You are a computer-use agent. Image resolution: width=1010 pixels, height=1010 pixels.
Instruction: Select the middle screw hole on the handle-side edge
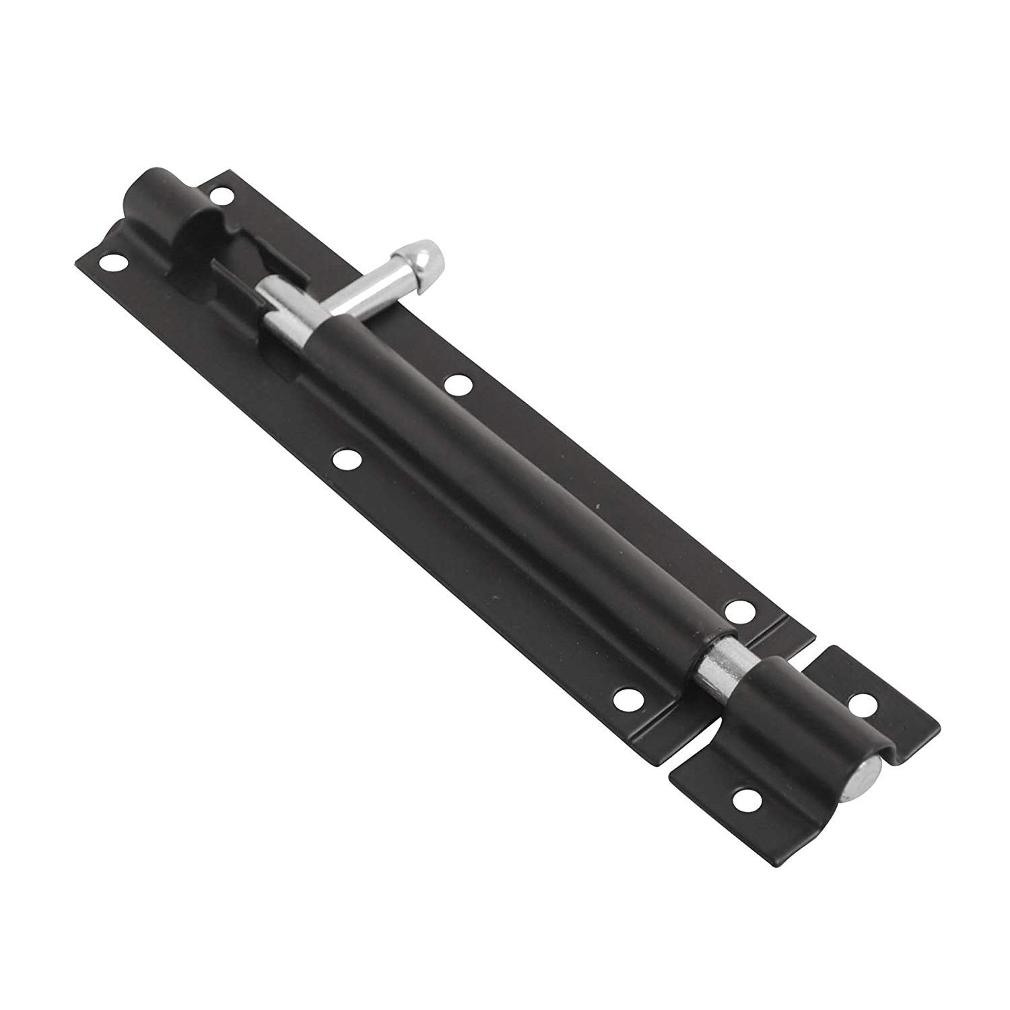pos(458,384)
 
